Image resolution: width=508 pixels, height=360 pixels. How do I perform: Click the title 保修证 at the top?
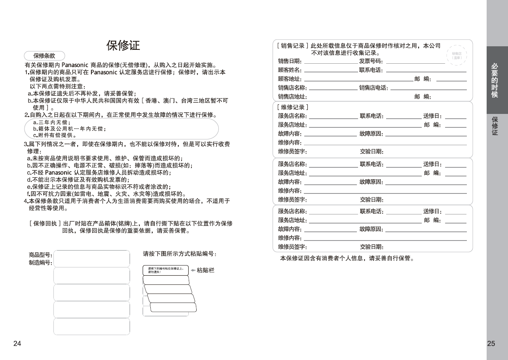[123, 45]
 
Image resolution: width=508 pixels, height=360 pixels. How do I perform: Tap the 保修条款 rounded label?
[44, 56]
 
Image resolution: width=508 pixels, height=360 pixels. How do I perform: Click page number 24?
[17, 343]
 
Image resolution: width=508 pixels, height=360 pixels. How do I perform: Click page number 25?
[491, 343]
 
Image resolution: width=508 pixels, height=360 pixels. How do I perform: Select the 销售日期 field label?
[290, 61]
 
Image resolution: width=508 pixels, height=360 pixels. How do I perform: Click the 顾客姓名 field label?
[290, 70]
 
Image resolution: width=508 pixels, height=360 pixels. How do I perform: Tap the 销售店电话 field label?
[373, 88]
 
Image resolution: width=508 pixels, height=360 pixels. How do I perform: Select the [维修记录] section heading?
[293, 107]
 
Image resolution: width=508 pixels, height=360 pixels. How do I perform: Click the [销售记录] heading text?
[293, 46]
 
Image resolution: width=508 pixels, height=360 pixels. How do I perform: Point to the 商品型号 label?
[40, 255]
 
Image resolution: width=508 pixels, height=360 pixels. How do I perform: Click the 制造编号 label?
[40, 263]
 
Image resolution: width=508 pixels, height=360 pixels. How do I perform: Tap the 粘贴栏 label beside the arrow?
[205, 270]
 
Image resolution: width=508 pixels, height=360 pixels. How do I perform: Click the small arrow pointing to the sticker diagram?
[193, 270]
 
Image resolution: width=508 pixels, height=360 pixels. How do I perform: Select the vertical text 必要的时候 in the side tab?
[495, 80]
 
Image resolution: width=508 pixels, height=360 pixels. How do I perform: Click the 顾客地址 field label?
[290, 79]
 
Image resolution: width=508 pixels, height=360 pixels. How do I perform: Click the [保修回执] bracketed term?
[45, 223]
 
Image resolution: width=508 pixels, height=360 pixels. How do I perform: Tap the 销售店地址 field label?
[292, 97]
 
